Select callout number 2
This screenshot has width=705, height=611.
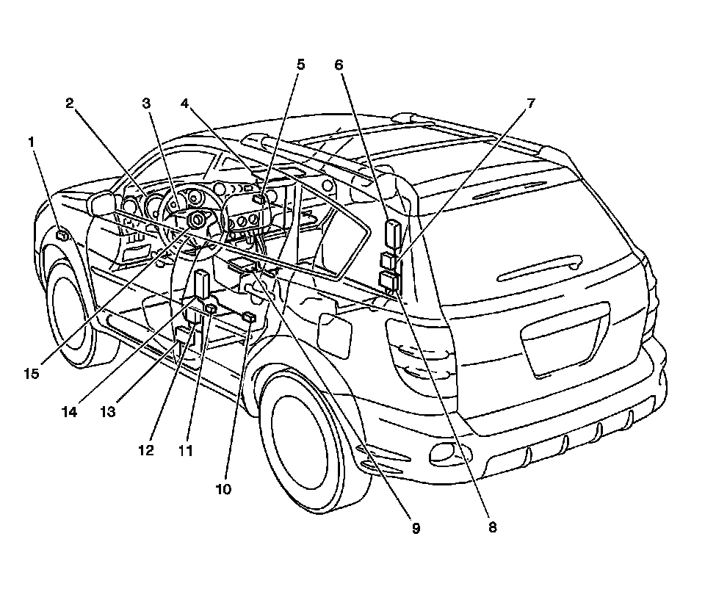point(70,104)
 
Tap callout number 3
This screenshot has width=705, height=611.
point(146,104)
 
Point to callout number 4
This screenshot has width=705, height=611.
point(186,104)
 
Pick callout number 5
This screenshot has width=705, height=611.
point(300,64)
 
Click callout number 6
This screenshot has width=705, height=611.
point(339,64)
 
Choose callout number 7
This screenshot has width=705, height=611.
point(530,104)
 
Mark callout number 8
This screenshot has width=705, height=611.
point(492,527)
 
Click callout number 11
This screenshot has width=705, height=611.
point(185,451)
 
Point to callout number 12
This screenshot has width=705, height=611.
point(146,451)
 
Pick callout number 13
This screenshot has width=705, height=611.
point(108,412)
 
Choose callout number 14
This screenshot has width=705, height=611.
point(69,412)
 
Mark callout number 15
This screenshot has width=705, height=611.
point(31,374)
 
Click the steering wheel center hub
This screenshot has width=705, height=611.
point(197,219)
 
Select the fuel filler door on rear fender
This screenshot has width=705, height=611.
point(335,334)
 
